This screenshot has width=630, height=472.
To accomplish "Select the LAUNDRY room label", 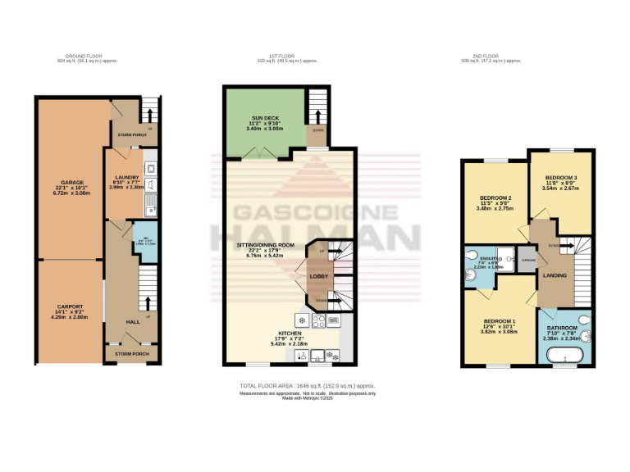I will coord(126,177).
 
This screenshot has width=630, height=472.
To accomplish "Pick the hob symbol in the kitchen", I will coord(302,320).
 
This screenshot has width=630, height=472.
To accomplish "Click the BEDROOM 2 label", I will coord(495,198).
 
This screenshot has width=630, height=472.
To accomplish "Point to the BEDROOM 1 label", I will coord(499,320).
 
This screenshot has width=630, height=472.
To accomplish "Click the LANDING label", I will coord(555,275).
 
